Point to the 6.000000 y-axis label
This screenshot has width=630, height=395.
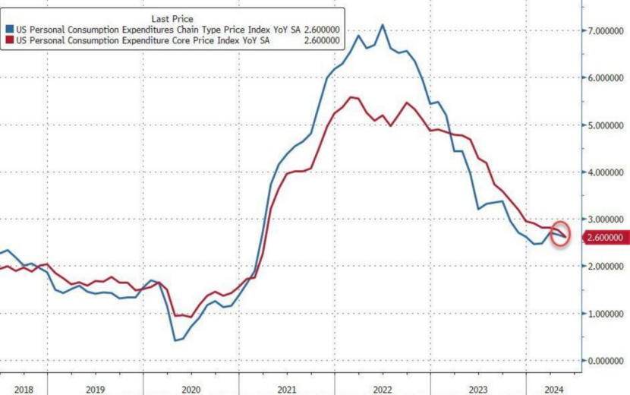[606, 77]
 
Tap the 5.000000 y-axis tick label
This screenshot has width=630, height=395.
[606, 125]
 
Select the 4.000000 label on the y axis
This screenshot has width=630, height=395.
[606, 172]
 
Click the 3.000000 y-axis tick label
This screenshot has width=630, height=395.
[606, 219]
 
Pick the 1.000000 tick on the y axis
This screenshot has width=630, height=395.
[606, 313]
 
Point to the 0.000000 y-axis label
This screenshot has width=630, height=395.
[606, 360]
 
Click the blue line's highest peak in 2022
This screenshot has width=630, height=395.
[383, 24]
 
